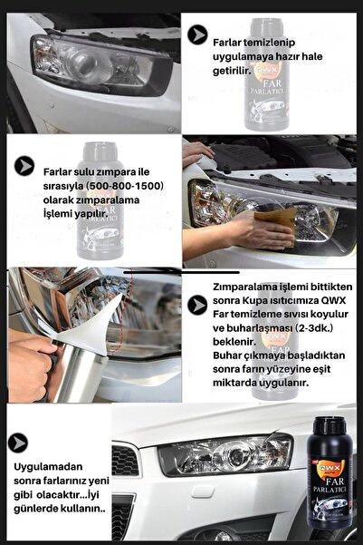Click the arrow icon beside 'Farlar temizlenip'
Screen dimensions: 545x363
coord(196,34)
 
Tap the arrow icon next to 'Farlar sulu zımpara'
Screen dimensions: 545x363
coord(24,165)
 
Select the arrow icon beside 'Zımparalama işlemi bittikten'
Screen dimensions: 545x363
coord(196,305)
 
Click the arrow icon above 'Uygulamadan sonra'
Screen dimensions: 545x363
coord(17,443)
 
